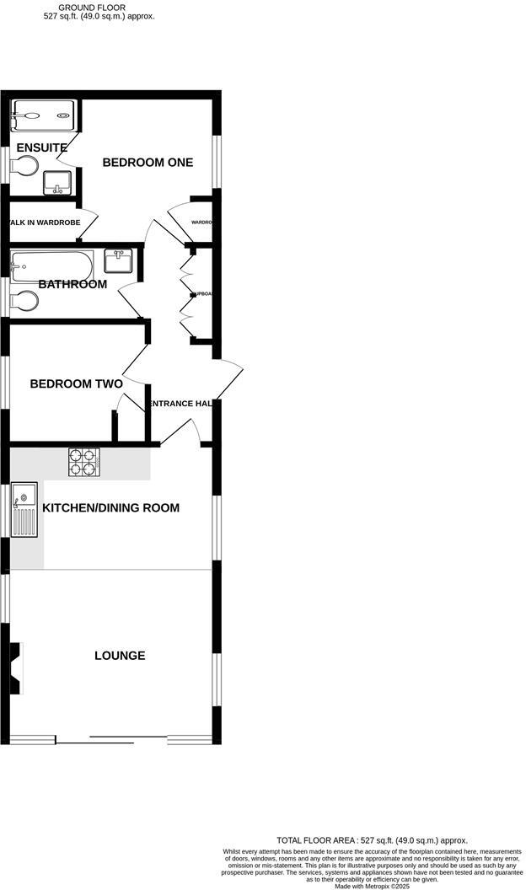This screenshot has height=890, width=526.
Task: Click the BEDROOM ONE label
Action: pos(148,163)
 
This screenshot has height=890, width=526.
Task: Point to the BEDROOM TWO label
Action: pos(76,383)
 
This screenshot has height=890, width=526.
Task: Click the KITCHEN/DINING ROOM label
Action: pos(111,508)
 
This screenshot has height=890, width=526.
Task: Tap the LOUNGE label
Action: pos(120,656)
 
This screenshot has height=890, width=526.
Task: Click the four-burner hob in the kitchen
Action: pos(84,462)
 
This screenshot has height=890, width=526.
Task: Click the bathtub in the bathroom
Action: pos(49,267)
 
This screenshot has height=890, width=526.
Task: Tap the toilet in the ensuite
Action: pos(25,166)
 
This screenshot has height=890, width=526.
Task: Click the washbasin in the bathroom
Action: pos(118,260)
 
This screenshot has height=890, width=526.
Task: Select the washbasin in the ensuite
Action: pos(57,181)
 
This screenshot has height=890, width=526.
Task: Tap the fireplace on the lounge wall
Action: pos(15,668)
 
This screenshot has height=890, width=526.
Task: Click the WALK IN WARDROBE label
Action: pos(44,222)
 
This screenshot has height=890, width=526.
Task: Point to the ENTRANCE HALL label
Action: pos(180,404)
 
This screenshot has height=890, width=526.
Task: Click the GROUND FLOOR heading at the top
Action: pos(98,7)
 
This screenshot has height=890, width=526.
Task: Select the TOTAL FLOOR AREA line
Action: pos(372,840)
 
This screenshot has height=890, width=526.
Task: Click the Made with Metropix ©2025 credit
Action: pos(371,886)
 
